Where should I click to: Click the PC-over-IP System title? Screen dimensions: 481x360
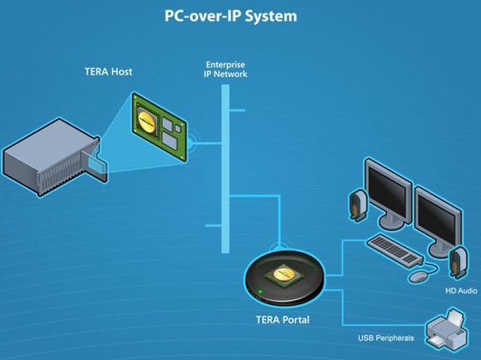(231, 16)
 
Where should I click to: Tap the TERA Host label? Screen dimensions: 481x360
(109, 72)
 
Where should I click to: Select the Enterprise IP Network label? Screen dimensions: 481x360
(226, 69)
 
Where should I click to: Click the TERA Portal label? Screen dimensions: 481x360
(283, 320)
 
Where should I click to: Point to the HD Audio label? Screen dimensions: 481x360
(461, 291)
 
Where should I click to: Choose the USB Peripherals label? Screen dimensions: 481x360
(386, 338)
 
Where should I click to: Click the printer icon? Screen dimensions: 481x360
(448, 329)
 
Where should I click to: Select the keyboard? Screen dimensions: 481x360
(395, 250)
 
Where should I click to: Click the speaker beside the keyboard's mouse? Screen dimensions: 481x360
(458, 263)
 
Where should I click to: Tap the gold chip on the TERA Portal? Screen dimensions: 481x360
(284, 274)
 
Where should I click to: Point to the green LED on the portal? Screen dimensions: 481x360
(261, 292)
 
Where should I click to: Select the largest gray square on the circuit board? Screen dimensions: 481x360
(170, 140)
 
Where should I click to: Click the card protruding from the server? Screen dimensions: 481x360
(98, 167)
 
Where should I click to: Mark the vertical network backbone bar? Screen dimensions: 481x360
(226, 168)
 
